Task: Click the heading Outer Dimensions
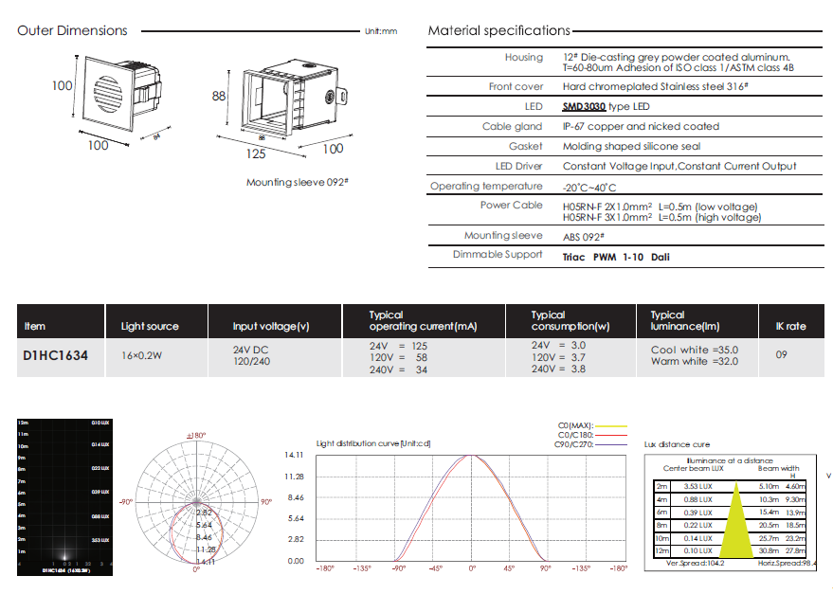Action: pos(72,30)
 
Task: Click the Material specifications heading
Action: pos(498,30)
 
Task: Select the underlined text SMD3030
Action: pos(584,107)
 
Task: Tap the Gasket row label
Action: pos(526,147)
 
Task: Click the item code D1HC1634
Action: pos(56,358)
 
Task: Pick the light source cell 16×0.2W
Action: pos(141,358)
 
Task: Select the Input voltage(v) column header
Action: pos(271,327)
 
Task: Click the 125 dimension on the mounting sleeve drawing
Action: pos(255,153)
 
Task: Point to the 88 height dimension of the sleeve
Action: pos(218,97)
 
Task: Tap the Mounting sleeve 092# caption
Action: pos(293,182)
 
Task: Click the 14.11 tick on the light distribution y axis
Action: pos(294,455)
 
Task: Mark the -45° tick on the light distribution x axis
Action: pos(435,568)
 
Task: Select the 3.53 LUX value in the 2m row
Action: pos(697,485)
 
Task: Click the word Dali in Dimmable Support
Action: pos(661,257)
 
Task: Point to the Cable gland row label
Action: pos(513,127)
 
